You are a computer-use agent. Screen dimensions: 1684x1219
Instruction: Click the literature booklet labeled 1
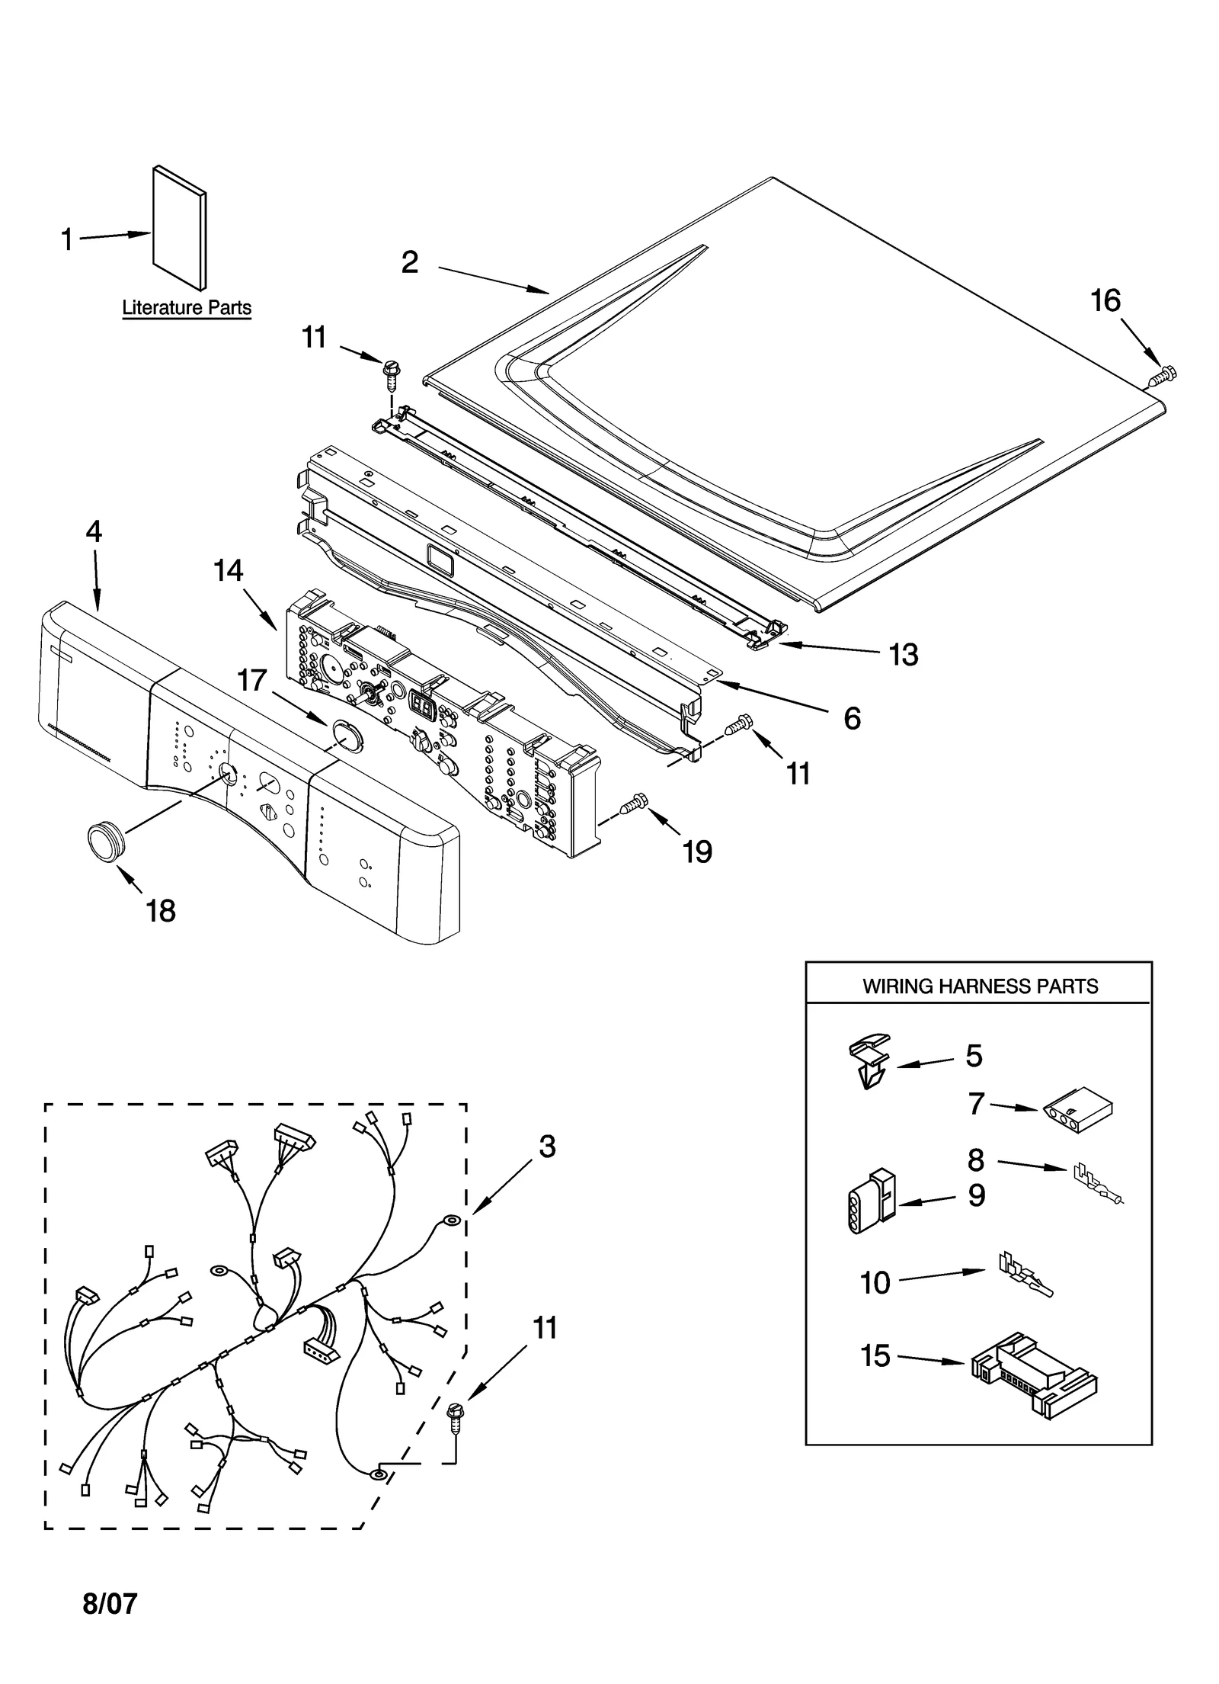[x=180, y=229]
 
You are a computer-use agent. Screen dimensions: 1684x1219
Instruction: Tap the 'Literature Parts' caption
[x=187, y=308]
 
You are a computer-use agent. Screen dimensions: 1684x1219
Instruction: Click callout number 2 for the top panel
[x=410, y=263]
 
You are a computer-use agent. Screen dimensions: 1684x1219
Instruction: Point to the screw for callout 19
[x=634, y=803]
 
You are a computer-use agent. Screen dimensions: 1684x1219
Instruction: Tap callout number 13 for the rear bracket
[x=904, y=654]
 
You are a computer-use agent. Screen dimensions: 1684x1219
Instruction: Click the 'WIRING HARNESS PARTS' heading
[x=980, y=986]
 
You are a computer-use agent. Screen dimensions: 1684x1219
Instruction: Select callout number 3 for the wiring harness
[x=547, y=1147]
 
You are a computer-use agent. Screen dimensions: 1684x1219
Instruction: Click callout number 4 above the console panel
[x=93, y=531]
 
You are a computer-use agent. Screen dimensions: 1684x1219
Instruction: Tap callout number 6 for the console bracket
[x=852, y=718]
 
